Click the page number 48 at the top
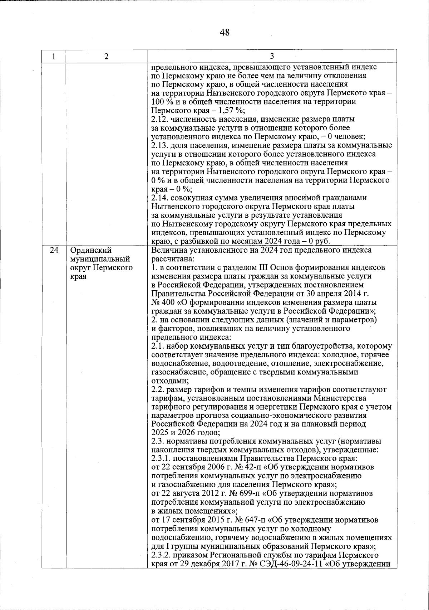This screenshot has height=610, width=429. pos(225,33)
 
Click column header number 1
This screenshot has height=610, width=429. pos(54,56)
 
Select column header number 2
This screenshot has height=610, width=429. pos(106,56)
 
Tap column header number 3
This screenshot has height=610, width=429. pos(272,56)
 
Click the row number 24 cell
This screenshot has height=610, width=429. pos(54,250)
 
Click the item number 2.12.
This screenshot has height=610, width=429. pos(159,119)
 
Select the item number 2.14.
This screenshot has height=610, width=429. pos(159,198)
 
